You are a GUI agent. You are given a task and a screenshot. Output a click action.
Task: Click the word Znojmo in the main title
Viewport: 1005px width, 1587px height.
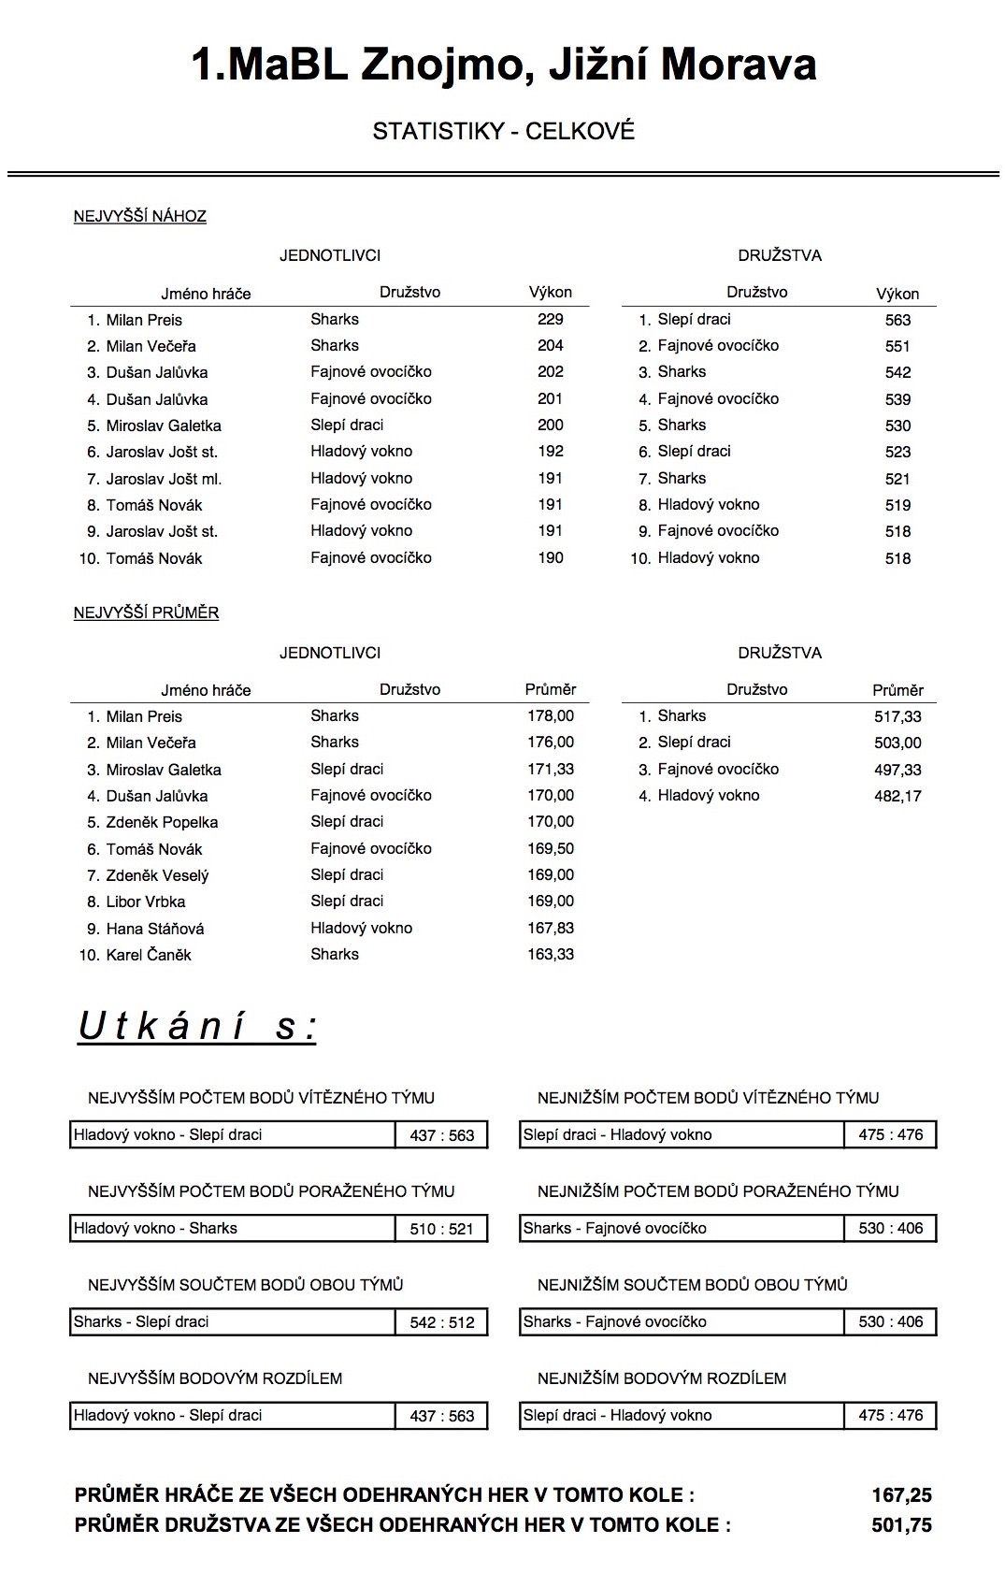click(429, 65)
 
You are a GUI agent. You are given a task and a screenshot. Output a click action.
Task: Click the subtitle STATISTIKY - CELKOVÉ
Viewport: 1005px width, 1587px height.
click(503, 131)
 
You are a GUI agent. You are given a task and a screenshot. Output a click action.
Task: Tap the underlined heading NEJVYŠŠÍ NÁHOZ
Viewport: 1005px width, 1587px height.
click(140, 216)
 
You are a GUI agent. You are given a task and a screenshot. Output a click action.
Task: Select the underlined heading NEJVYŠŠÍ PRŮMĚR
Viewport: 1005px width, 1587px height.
click(146, 613)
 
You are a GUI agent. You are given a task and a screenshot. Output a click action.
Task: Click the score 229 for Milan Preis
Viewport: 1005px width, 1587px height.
click(551, 319)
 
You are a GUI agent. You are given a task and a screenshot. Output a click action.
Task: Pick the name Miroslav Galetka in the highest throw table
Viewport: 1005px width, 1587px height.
click(164, 426)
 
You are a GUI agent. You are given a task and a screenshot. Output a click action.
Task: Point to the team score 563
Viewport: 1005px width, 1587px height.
click(897, 320)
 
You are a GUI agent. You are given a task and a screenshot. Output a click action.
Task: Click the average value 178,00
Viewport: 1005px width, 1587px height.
click(551, 715)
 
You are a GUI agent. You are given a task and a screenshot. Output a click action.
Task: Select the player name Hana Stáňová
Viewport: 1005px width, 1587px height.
click(155, 929)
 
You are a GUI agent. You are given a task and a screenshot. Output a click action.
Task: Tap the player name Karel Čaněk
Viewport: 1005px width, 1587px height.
click(149, 955)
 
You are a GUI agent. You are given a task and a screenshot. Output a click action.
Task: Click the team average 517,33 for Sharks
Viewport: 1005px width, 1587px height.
click(897, 716)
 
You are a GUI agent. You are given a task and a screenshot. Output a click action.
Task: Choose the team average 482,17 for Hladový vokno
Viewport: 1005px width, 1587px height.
click(897, 796)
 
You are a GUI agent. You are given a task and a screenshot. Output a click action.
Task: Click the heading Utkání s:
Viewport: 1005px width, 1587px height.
click(197, 1026)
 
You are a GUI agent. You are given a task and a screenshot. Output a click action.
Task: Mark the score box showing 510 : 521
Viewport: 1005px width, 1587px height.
click(442, 1229)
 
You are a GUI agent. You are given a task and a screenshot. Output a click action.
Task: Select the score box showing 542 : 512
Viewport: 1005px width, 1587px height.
click(442, 1322)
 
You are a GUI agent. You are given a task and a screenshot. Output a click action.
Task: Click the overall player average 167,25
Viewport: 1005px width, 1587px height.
click(901, 1495)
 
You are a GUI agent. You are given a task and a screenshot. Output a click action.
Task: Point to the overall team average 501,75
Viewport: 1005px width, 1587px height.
click(901, 1525)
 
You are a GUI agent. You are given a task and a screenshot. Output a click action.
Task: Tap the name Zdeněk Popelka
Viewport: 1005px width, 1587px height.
click(162, 822)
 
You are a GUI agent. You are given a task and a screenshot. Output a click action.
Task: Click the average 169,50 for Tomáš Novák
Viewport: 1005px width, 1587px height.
click(551, 848)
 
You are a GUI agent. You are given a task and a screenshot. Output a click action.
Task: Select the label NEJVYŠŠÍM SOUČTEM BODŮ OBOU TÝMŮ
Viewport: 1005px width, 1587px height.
click(246, 1285)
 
